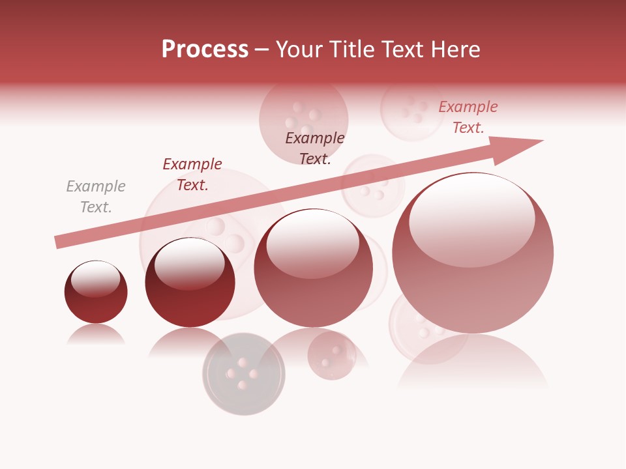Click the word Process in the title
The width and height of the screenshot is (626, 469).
(205, 50)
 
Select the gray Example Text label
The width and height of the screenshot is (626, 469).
(96, 197)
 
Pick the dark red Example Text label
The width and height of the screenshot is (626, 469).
(192, 175)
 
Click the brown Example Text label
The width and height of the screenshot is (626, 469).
(315, 148)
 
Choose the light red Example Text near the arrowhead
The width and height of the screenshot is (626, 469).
(468, 117)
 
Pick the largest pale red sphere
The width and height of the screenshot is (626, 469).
(473, 274)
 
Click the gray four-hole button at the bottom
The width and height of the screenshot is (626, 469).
(244, 374)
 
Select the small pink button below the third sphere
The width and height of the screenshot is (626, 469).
(332, 356)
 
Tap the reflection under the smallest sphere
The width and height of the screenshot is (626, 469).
(96, 334)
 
